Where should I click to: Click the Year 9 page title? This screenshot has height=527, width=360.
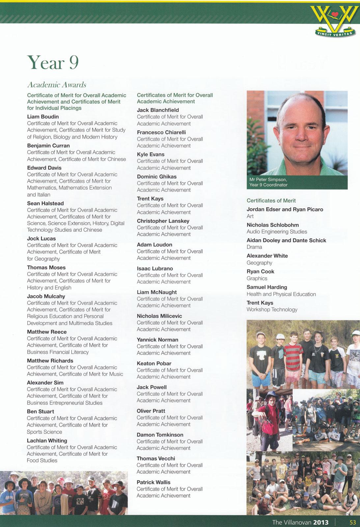[x=53, y=62]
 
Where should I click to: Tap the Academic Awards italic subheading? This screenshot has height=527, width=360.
[x=57, y=85]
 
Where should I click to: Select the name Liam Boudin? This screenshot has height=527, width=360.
[x=43, y=117]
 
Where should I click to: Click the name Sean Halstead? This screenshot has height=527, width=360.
[x=45, y=203]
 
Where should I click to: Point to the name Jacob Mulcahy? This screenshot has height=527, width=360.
[x=46, y=296]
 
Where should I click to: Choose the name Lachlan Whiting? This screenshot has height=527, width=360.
[x=47, y=440]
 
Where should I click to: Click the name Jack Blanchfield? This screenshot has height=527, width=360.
[x=158, y=110]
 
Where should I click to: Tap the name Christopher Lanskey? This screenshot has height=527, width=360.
[x=163, y=221]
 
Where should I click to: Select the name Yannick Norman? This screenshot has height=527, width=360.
[x=157, y=340]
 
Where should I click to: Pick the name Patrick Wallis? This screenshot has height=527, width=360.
[x=153, y=482]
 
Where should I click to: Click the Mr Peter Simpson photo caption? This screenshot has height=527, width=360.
[x=268, y=182]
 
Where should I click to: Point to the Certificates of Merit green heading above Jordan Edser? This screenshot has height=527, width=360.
[x=271, y=201]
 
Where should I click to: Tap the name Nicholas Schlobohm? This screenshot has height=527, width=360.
[x=273, y=225]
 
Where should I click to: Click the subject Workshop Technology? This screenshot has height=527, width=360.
[x=272, y=310]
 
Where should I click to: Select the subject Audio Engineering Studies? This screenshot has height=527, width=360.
[x=277, y=232]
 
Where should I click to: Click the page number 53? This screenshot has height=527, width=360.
[x=353, y=522]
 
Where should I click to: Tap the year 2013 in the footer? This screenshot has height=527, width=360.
[x=321, y=522]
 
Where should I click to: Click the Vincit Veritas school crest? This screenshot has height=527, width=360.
[x=334, y=20]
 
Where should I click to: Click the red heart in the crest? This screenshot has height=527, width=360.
[x=335, y=14]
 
